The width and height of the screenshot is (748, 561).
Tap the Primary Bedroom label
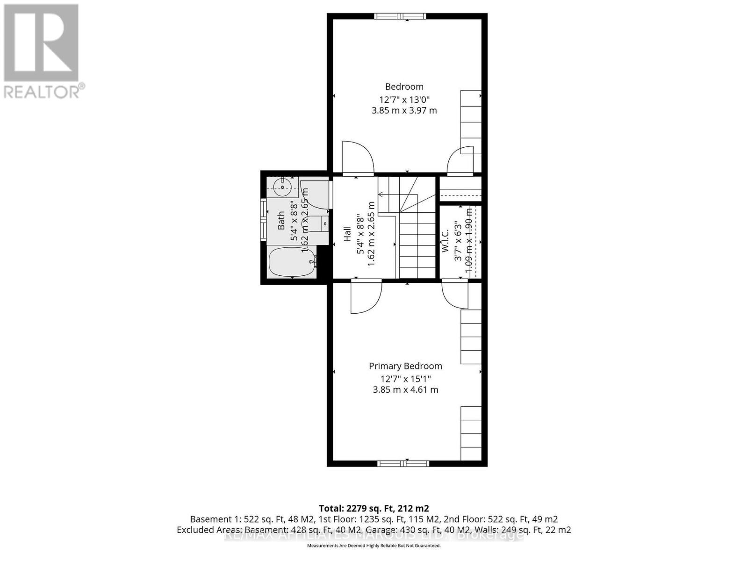(405, 366)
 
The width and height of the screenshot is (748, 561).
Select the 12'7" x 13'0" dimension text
(404, 99)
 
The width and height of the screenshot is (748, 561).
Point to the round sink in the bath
(282, 187)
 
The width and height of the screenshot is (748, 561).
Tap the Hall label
(347, 234)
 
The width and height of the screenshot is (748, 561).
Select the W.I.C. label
(445, 241)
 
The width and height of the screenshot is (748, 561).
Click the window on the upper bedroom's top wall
(400, 16)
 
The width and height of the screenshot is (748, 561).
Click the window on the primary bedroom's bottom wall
(403, 463)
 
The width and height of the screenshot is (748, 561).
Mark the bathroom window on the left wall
(263, 219)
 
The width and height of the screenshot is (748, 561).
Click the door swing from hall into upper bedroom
(358, 157)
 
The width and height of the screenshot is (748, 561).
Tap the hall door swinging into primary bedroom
(366, 297)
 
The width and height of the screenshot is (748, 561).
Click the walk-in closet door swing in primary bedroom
(455, 295)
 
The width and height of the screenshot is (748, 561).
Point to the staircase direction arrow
(380, 194)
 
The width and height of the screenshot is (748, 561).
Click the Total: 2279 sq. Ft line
(374, 508)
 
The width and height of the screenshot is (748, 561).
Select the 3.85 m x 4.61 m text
(405, 389)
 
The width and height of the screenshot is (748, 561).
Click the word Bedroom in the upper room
(404, 86)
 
